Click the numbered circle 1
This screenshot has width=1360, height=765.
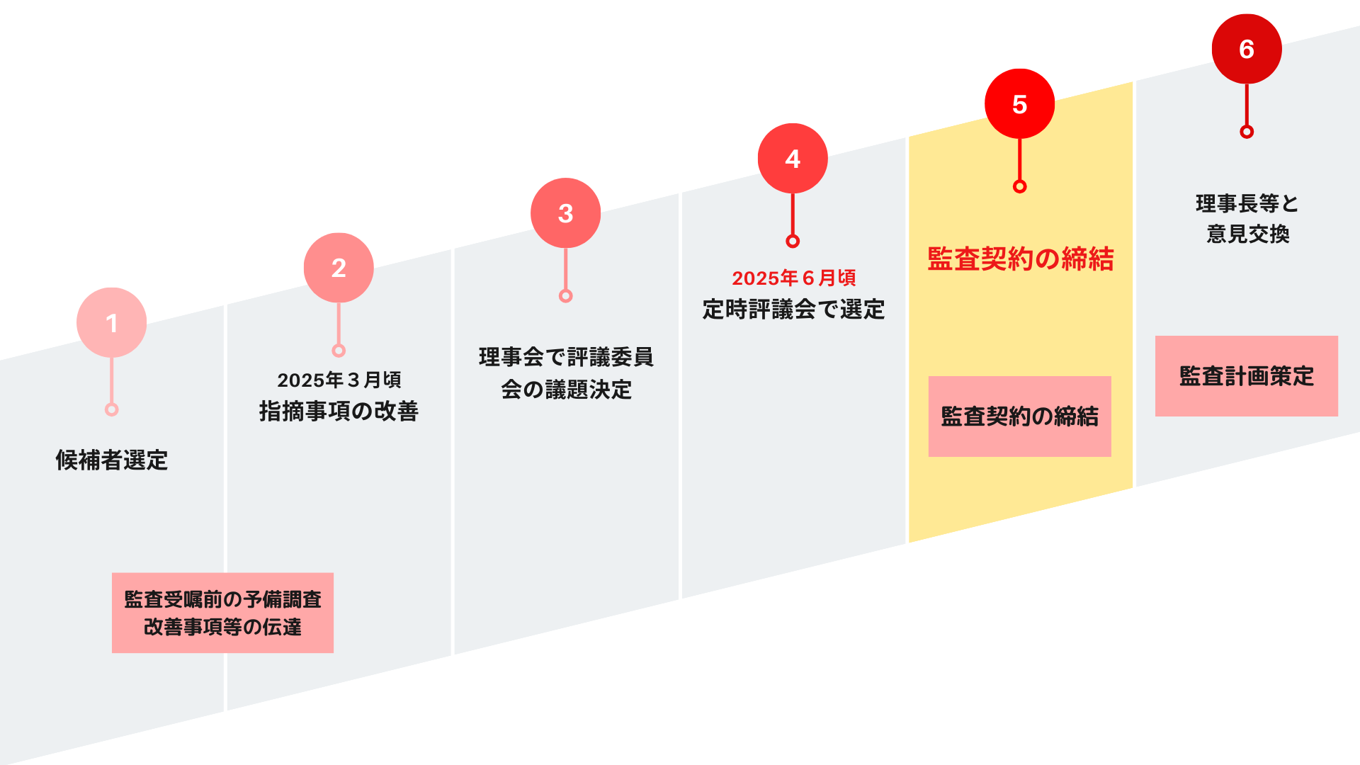[x=111, y=322]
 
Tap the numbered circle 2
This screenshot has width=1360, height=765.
[x=339, y=268]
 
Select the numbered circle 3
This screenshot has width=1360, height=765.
[x=565, y=212]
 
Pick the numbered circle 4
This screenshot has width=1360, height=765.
[x=793, y=159]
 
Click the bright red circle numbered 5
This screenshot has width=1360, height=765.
[x=1019, y=104]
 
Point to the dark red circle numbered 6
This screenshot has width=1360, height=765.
[x=1247, y=49]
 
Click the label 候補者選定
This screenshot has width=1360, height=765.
[x=111, y=460]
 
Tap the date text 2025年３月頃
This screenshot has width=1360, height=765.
[x=339, y=380]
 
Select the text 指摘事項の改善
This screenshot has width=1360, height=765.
[x=339, y=411]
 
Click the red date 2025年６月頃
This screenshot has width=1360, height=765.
[x=793, y=278]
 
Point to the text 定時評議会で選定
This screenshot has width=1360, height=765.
[x=793, y=310]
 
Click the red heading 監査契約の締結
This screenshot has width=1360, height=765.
[x=1020, y=259]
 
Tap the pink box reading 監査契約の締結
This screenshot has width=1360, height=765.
[x=1019, y=416]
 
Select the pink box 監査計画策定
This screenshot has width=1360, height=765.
[x=1246, y=376]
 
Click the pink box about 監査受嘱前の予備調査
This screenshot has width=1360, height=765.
[x=222, y=613]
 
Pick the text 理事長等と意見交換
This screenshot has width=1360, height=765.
[x=1247, y=219]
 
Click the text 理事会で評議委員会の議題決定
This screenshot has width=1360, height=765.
[x=566, y=373]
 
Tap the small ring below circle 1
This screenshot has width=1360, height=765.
[x=111, y=409]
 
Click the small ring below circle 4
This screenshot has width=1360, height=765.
[x=793, y=242]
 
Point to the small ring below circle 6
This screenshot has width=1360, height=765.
[x=1247, y=132]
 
